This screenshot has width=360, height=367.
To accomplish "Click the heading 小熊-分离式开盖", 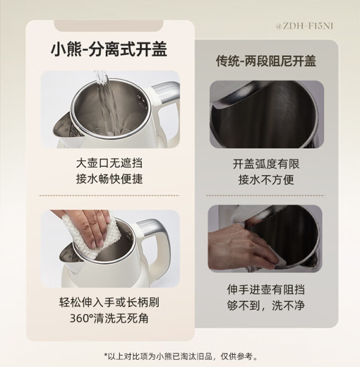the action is click(109, 49).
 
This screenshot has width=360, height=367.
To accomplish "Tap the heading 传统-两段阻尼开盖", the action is click(266, 61).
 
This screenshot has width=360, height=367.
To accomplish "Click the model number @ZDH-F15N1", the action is click(304, 26).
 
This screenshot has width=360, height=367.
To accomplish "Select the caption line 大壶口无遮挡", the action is click(109, 163).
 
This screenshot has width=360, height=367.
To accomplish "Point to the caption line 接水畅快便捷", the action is click(109, 179).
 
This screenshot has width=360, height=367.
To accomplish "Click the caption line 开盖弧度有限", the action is click(266, 164).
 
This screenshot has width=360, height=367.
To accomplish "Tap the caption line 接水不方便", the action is click(266, 180).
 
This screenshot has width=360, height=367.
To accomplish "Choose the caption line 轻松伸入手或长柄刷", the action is click(109, 302).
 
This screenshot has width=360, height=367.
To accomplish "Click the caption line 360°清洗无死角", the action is click(109, 318).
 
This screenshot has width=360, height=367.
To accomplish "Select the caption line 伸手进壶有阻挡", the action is click(266, 289).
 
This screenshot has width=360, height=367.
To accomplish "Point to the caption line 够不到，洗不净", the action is click(266, 305).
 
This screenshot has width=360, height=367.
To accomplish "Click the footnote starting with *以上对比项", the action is click(181, 356).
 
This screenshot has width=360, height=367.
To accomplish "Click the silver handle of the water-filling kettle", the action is click(166, 91).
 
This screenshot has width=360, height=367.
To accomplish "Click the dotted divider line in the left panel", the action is click(109, 195).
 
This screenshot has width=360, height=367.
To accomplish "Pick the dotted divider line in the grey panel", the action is click(266, 195).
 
